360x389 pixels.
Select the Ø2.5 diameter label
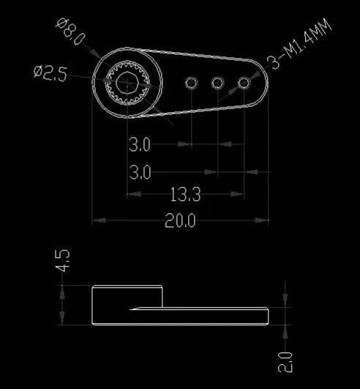click(51, 73)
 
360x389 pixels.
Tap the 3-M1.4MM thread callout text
click(300, 45)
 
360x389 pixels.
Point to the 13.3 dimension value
click(185, 195)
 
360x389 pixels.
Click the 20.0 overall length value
click(180, 221)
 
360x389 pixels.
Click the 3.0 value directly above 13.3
click(140, 173)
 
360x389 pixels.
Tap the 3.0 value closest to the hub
click(140, 145)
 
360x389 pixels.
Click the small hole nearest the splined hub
click(191, 83)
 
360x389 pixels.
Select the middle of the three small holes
click(217, 84)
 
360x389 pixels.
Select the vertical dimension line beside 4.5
click(63, 304)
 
